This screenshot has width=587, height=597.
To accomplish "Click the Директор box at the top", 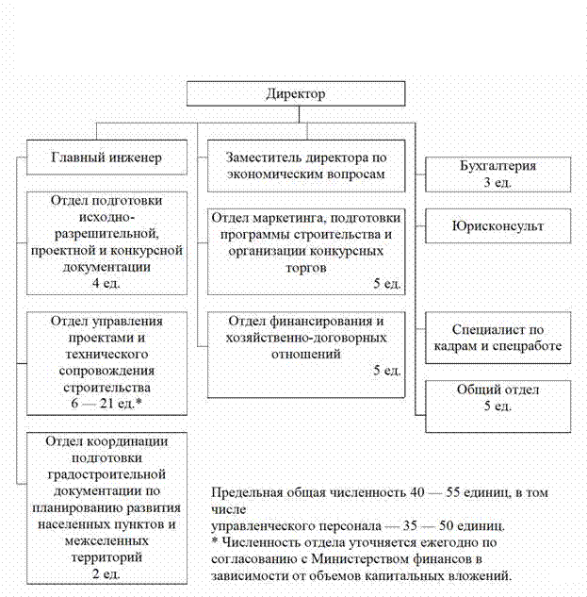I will [295, 94].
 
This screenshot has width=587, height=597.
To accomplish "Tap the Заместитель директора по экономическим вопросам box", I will [306, 166].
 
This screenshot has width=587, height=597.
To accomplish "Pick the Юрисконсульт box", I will [498, 226].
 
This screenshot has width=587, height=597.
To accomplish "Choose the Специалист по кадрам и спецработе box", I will [498, 338].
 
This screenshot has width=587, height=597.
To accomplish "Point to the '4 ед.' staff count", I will [106, 282].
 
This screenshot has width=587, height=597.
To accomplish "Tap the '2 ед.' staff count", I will [106, 573].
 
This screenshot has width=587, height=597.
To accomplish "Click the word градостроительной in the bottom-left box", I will [106, 472].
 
